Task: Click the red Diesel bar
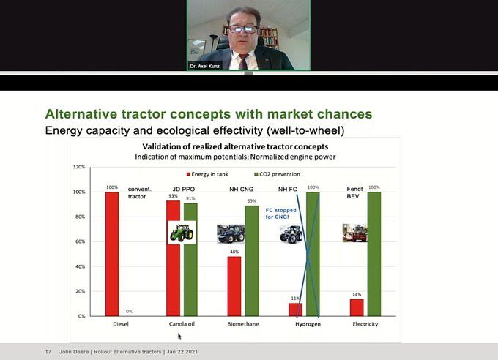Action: (112, 254)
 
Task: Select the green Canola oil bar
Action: (190, 260)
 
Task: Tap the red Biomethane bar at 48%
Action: (234, 286)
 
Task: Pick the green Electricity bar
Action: (374, 254)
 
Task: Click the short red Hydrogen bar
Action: (295, 310)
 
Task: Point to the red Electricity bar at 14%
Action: (357, 307)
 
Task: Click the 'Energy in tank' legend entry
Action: (207, 174)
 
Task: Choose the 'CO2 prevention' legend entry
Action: (277, 174)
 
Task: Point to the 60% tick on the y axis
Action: (81, 241)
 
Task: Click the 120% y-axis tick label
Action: (79, 167)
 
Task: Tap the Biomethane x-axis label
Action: (243, 324)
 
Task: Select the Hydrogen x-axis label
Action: (308, 324)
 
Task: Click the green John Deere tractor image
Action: (182, 233)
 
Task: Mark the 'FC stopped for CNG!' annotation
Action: (280, 214)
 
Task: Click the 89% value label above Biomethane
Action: (251, 201)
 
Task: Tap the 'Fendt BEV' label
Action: (354, 192)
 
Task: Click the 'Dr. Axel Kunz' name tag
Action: (204, 66)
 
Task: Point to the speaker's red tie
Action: (243, 61)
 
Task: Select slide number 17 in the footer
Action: (48, 352)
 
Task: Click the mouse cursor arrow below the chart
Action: (179, 336)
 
